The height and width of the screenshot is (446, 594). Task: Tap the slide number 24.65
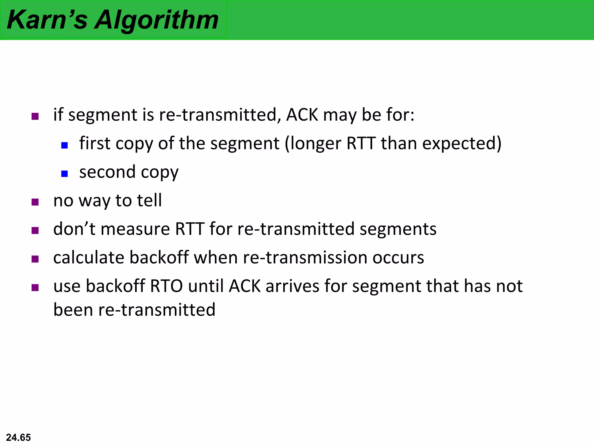(18, 437)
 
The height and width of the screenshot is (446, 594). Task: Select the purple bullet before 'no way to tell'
(35, 202)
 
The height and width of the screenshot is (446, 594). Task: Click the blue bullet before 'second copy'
(64, 174)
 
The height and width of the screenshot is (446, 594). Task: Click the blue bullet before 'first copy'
(64, 145)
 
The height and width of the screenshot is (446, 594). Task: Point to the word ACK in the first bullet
(302, 115)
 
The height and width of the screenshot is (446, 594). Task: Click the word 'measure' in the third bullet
(135, 229)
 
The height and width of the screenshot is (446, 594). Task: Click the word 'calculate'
(89, 258)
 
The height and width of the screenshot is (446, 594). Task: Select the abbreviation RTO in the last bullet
(166, 286)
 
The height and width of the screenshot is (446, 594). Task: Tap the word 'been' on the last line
(73, 310)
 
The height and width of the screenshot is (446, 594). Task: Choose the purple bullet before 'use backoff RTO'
(35, 287)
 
